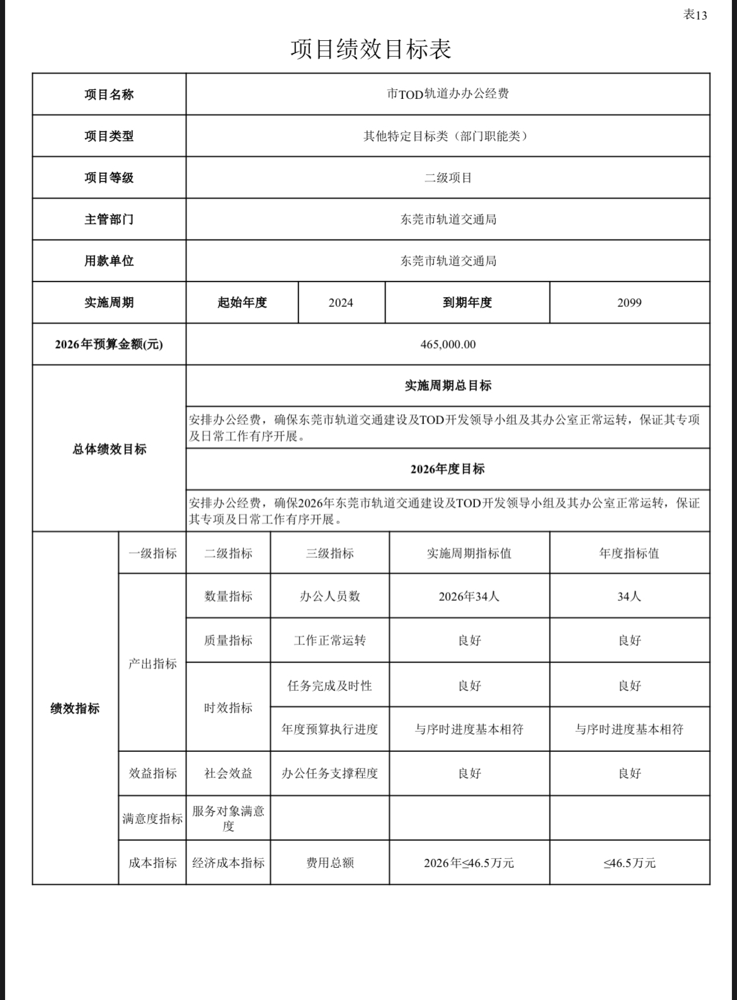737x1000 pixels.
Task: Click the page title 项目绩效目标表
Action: [370, 49]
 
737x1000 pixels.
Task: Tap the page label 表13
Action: [695, 14]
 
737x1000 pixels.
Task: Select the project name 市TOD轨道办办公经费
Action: [447, 94]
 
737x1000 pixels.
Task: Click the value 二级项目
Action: [447, 178]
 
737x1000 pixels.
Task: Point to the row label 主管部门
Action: [109, 219]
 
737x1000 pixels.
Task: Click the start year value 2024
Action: [341, 303]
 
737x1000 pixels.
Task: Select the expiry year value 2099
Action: [629, 303]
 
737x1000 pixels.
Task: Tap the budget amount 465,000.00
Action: [447, 344]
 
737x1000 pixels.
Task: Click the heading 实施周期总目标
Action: [447, 385]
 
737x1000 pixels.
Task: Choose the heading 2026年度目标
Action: [447, 469]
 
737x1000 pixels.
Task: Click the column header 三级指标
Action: [329, 554]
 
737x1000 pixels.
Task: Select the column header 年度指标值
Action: [629, 554]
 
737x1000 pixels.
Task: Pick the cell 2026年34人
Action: [469, 596]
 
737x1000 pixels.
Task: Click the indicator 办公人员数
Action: [329, 596]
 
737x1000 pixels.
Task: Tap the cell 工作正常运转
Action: [329, 640]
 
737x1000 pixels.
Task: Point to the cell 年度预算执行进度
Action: [329, 729]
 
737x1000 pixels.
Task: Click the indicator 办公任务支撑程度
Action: [329, 773]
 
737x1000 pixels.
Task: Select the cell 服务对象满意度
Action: [228, 818]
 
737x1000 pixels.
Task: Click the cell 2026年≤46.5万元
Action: [469, 863]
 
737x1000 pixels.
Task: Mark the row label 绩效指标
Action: [75, 708]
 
